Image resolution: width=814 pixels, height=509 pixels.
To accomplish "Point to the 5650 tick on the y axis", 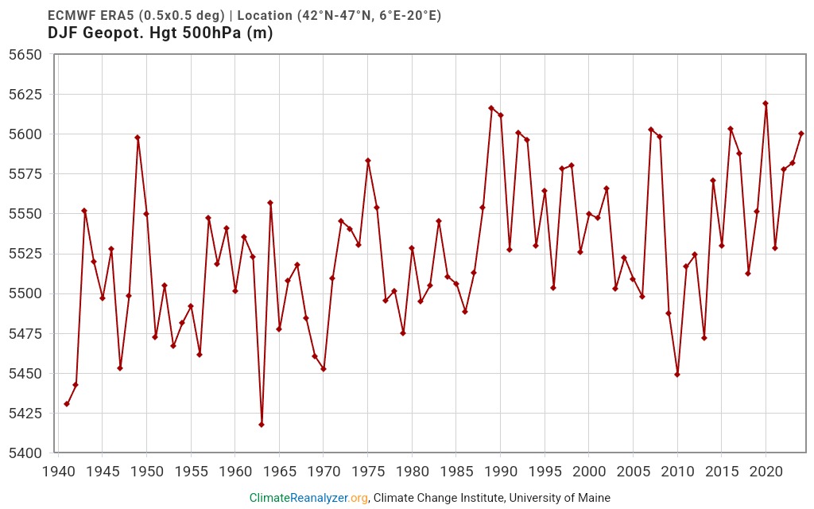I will tap(25, 55).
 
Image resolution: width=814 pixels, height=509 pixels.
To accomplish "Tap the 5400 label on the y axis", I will tap(25, 453).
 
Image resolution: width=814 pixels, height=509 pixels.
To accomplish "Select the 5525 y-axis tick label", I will tap(25, 254).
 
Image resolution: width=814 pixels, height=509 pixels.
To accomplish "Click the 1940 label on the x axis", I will tap(58, 471).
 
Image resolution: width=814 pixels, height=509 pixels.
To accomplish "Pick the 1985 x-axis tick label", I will tap(456, 471).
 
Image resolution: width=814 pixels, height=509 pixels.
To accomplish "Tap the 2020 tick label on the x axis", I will tap(766, 471).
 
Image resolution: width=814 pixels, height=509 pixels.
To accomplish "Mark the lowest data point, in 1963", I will tap(262, 425).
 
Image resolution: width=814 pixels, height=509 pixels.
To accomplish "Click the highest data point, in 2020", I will tap(766, 103).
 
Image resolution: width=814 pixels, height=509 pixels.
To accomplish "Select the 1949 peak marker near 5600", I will tap(138, 138).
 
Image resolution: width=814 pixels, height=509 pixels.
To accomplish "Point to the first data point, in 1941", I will tap(67, 404).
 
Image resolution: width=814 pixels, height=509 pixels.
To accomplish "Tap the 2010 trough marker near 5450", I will tap(677, 375).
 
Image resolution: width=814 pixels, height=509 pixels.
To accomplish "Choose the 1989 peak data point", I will tap(491, 108).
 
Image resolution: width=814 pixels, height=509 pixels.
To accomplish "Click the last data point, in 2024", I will tap(801, 134).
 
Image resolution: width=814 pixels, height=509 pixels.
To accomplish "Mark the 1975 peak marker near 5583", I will tap(368, 161).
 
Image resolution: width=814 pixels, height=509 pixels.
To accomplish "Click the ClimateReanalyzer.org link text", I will tap(308, 498).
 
